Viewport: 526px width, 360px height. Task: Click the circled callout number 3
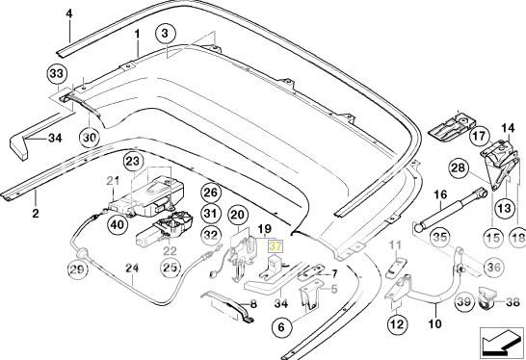point(166,34)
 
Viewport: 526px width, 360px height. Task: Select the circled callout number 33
point(56,74)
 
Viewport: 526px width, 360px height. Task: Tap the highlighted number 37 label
point(276,247)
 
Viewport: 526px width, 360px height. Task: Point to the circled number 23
point(133,162)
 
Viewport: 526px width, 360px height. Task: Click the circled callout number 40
point(118,224)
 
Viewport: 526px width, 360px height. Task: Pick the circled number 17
point(480,136)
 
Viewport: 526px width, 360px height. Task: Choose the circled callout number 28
point(460,167)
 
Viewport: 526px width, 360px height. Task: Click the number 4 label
point(69,14)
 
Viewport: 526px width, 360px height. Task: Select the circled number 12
point(397,324)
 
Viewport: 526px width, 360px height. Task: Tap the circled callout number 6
point(281,327)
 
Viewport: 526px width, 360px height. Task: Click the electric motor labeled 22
point(164,228)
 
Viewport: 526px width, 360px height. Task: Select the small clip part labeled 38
point(486,299)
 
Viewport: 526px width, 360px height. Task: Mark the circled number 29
point(76,270)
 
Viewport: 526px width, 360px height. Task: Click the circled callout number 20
point(238,216)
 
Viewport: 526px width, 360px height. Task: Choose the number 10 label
point(435,323)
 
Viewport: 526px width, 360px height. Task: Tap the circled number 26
point(211,193)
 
